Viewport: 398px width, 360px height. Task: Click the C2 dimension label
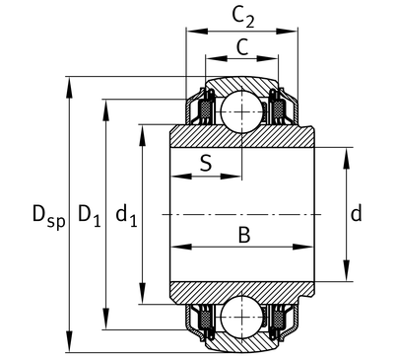click(x=243, y=17)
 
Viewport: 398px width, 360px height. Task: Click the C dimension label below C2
click(x=242, y=47)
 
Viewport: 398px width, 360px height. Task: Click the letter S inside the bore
click(x=206, y=163)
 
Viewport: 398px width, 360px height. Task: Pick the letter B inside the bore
click(x=244, y=235)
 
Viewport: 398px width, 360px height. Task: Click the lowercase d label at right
click(x=357, y=213)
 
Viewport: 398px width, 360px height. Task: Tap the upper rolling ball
click(x=242, y=111)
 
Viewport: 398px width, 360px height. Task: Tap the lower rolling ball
click(x=242, y=318)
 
